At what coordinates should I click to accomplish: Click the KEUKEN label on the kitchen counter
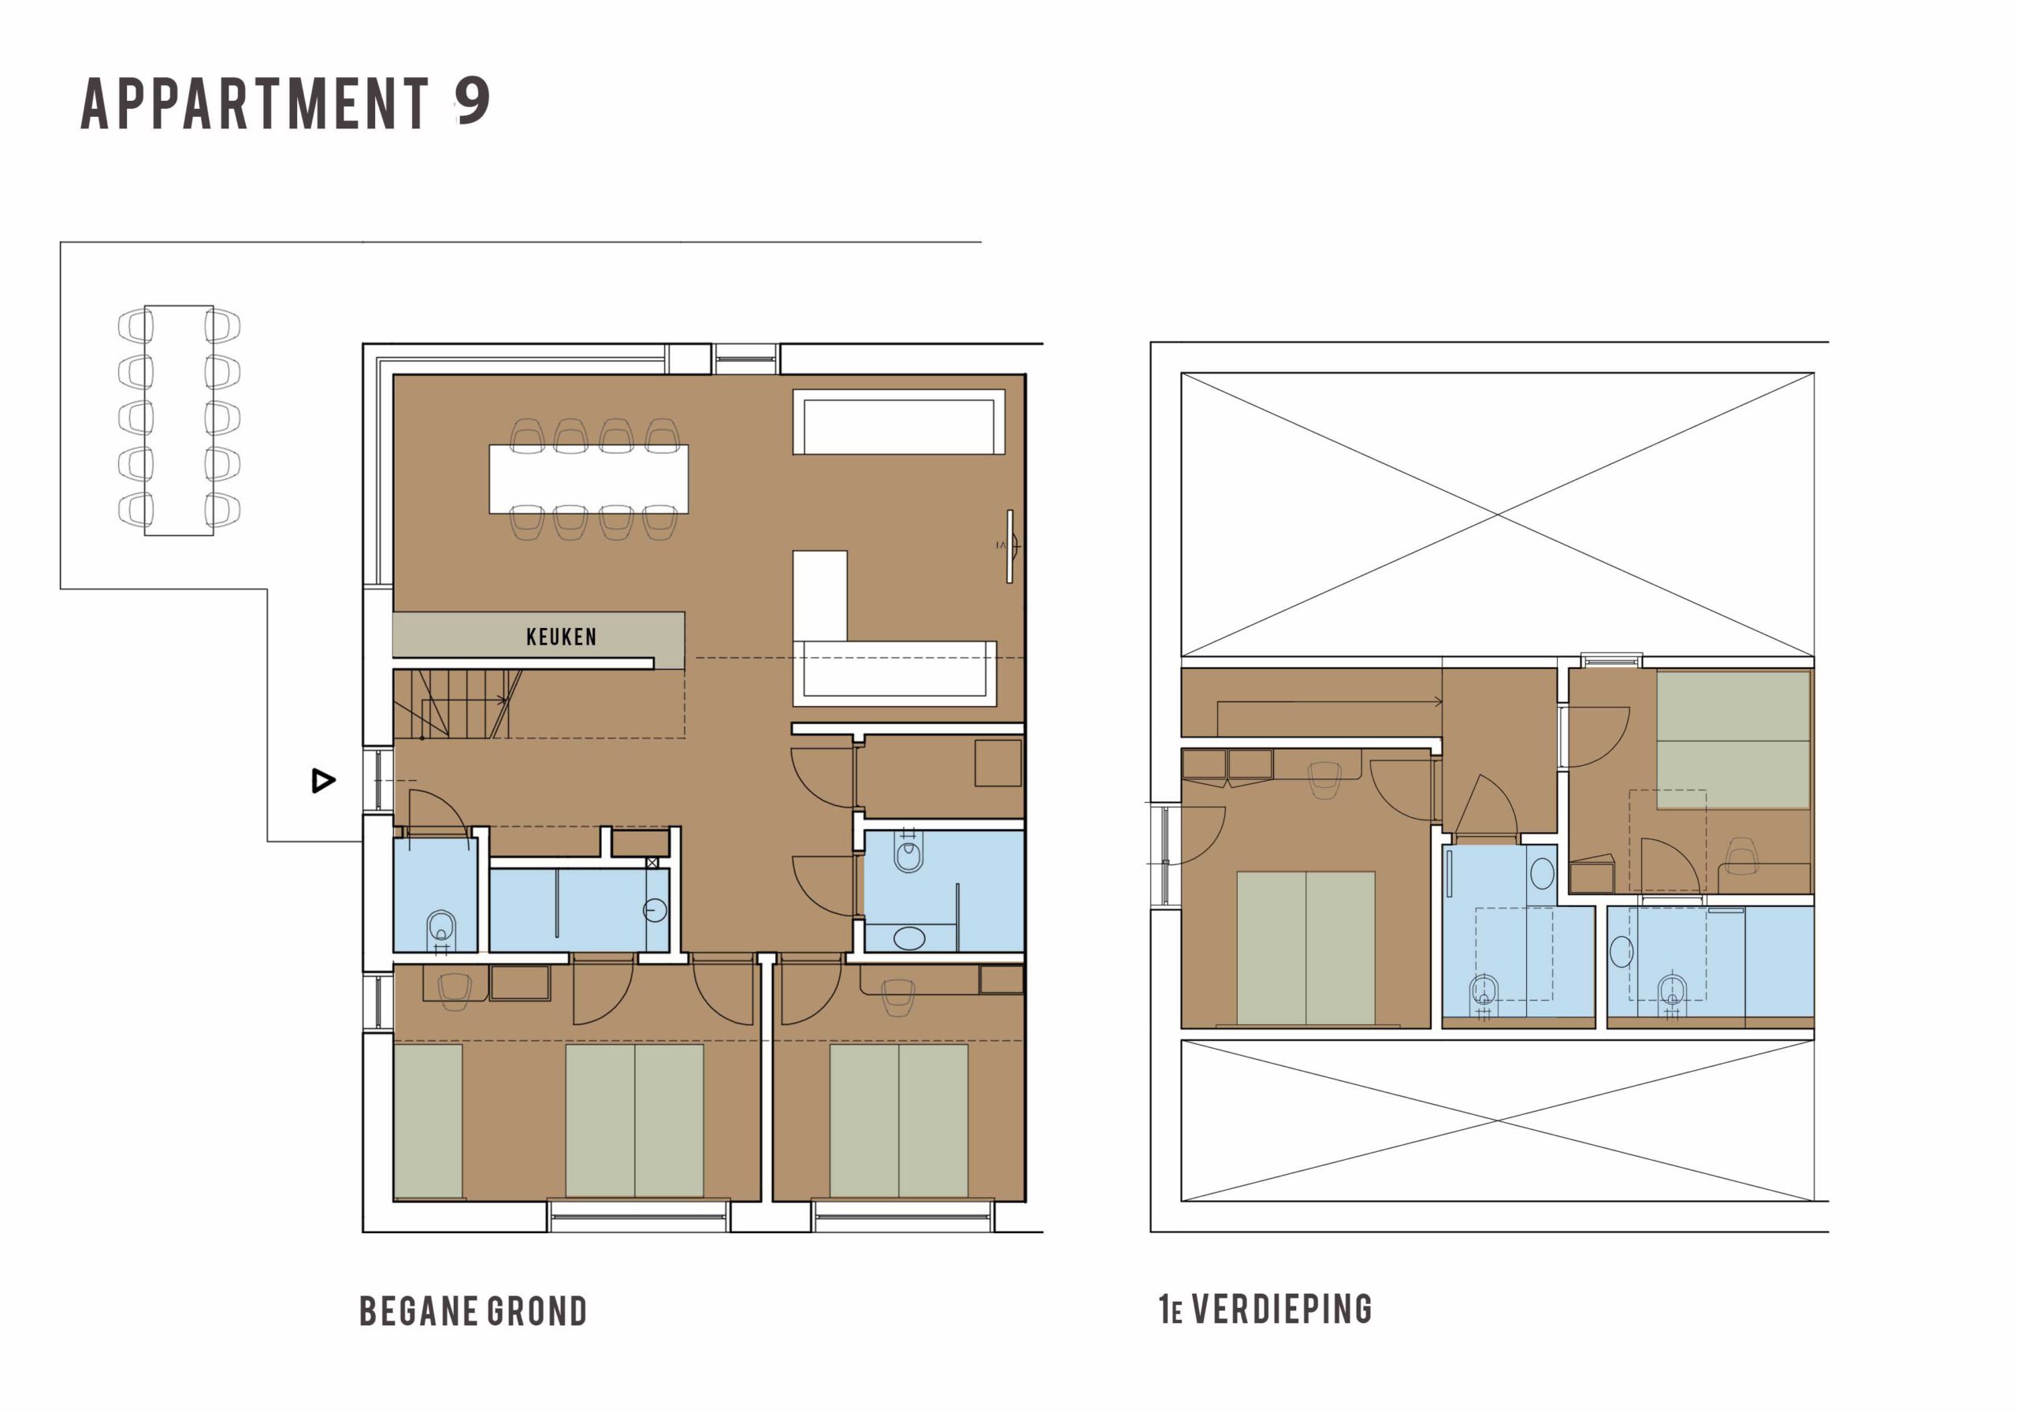click(x=561, y=636)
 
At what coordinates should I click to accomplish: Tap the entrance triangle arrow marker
click(x=323, y=780)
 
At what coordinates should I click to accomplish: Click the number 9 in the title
click(x=473, y=102)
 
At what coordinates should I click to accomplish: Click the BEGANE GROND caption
click(x=474, y=1311)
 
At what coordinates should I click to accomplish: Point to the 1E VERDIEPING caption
click(x=1265, y=1310)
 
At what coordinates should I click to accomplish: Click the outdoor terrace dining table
click(x=179, y=420)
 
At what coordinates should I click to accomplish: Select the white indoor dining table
click(x=589, y=479)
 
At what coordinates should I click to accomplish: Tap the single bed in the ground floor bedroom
click(x=428, y=1120)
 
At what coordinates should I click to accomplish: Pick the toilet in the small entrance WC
click(x=441, y=929)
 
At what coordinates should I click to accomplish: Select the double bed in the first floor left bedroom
click(x=1306, y=947)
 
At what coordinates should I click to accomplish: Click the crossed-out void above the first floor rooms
click(x=1497, y=515)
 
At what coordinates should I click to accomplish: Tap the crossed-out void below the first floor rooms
click(x=1497, y=1120)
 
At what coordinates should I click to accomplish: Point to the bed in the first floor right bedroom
click(x=1733, y=740)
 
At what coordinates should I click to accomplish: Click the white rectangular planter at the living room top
click(x=899, y=422)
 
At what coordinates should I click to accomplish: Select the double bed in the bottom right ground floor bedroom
click(x=899, y=1120)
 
